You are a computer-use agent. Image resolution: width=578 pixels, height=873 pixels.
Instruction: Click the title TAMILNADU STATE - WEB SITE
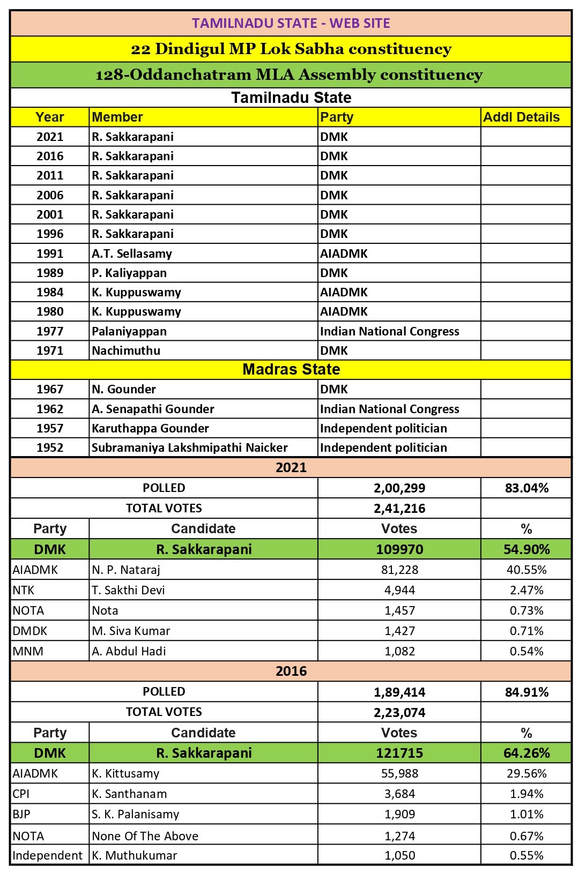tap(291, 23)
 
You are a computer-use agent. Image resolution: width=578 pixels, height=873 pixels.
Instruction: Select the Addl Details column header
tap(521, 117)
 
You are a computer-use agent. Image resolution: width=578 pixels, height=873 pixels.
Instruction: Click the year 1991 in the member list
tap(50, 253)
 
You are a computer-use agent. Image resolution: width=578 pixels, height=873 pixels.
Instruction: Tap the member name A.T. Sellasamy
tap(132, 253)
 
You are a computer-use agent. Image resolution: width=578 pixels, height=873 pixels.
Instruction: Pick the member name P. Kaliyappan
tap(129, 273)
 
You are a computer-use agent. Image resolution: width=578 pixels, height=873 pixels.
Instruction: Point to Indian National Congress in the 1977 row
tap(389, 331)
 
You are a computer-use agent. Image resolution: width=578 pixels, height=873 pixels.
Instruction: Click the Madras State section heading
tap(291, 369)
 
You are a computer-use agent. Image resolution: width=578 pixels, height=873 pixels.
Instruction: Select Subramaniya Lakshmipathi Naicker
tap(189, 447)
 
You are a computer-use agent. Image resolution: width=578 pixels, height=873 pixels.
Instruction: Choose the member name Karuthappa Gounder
tap(150, 428)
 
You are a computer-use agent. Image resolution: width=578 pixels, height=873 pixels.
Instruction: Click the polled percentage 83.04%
tap(526, 488)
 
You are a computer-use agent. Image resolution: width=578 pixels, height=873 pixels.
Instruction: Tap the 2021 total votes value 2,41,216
tap(399, 508)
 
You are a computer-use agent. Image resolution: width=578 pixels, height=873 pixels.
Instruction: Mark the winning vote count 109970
tap(399, 549)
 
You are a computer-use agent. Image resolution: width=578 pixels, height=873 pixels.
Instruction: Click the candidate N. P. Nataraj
tap(126, 570)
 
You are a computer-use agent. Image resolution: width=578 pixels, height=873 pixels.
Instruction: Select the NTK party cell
tap(24, 590)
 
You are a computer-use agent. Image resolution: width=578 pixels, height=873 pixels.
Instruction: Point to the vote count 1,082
tap(399, 651)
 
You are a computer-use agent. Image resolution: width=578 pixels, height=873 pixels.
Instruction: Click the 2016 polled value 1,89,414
tap(399, 692)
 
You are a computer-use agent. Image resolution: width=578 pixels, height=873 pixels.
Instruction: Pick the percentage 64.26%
tap(526, 753)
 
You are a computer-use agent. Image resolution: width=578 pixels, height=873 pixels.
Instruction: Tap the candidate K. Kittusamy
tap(125, 773)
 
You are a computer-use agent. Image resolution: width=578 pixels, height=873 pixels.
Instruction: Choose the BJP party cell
tap(21, 814)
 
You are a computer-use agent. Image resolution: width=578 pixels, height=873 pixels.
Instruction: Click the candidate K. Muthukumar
tap(134, 855)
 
